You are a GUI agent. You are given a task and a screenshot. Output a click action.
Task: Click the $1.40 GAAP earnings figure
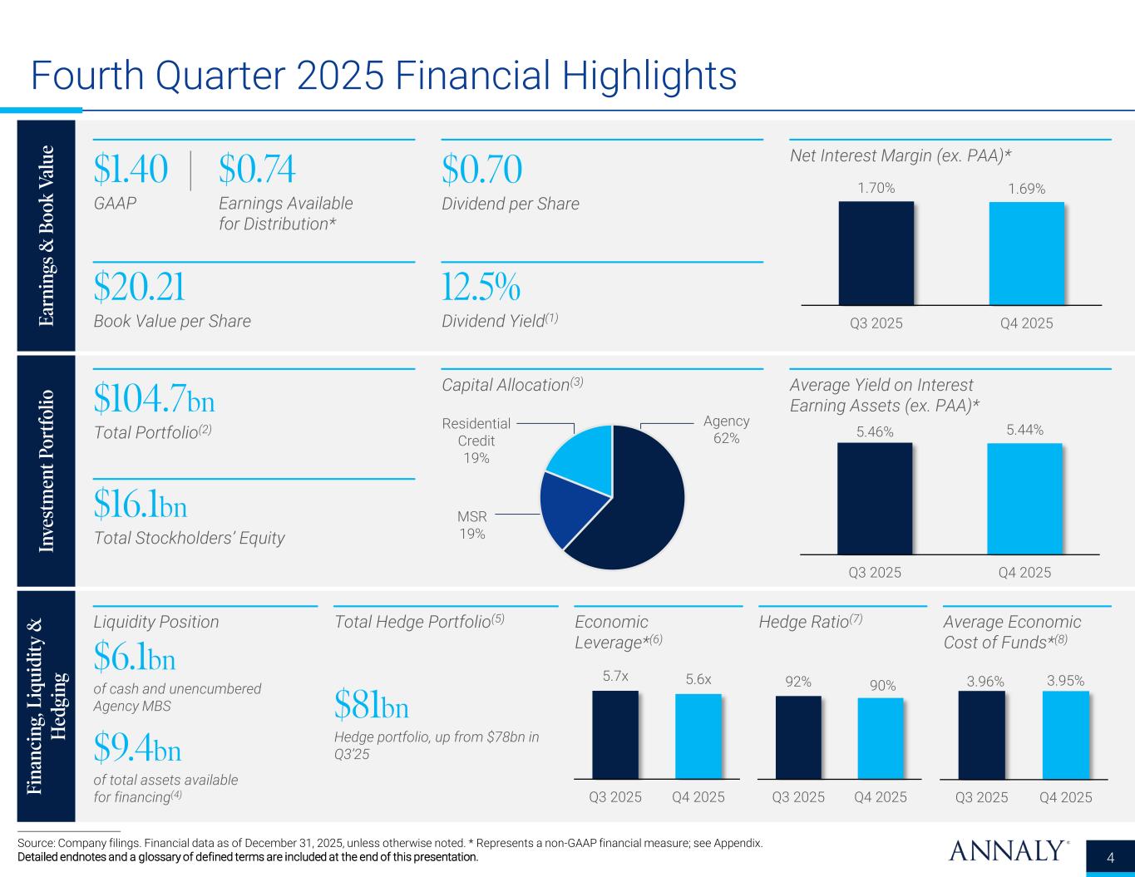[131, 170]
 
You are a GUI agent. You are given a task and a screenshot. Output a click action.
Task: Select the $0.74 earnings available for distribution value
[257, 170]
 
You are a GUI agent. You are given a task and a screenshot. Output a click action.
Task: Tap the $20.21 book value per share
[139, 288]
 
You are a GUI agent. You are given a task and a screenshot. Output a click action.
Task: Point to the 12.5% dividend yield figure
[481, 288]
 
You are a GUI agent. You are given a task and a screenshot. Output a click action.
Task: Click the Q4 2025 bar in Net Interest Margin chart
[1026, 253]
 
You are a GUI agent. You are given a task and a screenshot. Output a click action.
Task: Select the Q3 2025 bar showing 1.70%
[876, 253]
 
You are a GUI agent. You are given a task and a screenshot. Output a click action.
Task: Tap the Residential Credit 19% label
[476, 441]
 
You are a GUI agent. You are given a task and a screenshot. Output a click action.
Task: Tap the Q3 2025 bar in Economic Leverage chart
[614, 734]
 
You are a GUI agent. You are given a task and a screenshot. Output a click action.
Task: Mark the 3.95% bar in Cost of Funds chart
[1065, 734]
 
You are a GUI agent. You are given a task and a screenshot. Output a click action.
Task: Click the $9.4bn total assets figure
[137, 750]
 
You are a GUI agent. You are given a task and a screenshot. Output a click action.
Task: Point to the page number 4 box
[1111, 857]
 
